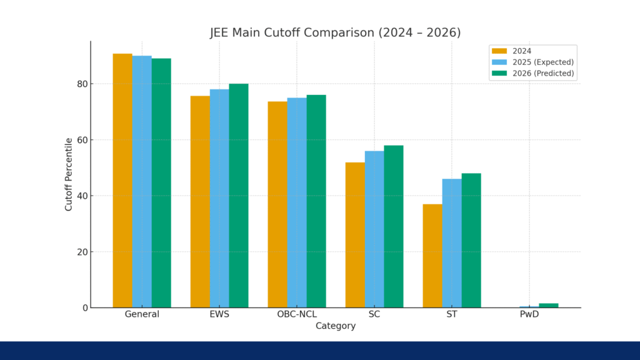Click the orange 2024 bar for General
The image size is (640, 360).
coord(122,181)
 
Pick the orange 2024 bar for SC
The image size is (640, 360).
coord(355,235)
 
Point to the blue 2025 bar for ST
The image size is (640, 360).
coord(452,243)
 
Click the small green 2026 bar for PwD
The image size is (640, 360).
coord(548,305)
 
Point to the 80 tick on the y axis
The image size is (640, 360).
coord(80,84)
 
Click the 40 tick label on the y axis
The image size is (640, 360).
coord(80,196)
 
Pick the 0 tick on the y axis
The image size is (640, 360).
coord(83,307)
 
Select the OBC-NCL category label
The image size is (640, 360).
coord(297,314)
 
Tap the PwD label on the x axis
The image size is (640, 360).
coord(529,314)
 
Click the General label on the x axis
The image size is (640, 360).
coord(142,314)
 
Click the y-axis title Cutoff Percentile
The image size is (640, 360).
coord(69,174)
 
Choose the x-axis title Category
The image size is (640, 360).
coord(336,326)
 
